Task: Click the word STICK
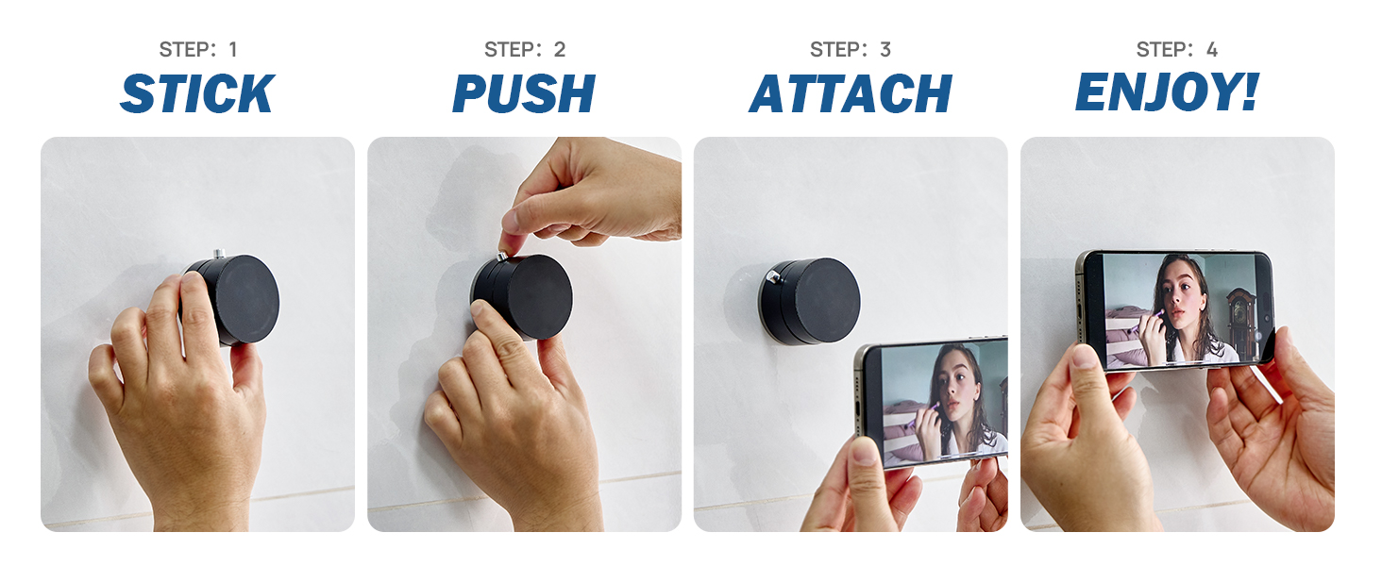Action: (x=197, y=93)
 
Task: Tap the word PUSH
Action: (x=524, y=93)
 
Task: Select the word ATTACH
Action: (x=851, y=93)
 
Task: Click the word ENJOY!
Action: (x=1168, y=92)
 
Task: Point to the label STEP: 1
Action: (x=198, y=49)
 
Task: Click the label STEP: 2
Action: (x=525, y=49)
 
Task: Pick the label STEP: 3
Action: (x=851, y=49)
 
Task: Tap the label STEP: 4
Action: (x=1177, y=49)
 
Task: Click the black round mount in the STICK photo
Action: (x=234, y=299)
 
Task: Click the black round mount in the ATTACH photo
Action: (x=809, y=300)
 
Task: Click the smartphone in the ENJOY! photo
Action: (x=1175, y=309)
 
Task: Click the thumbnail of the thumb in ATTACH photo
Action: (x=864, y=452)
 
